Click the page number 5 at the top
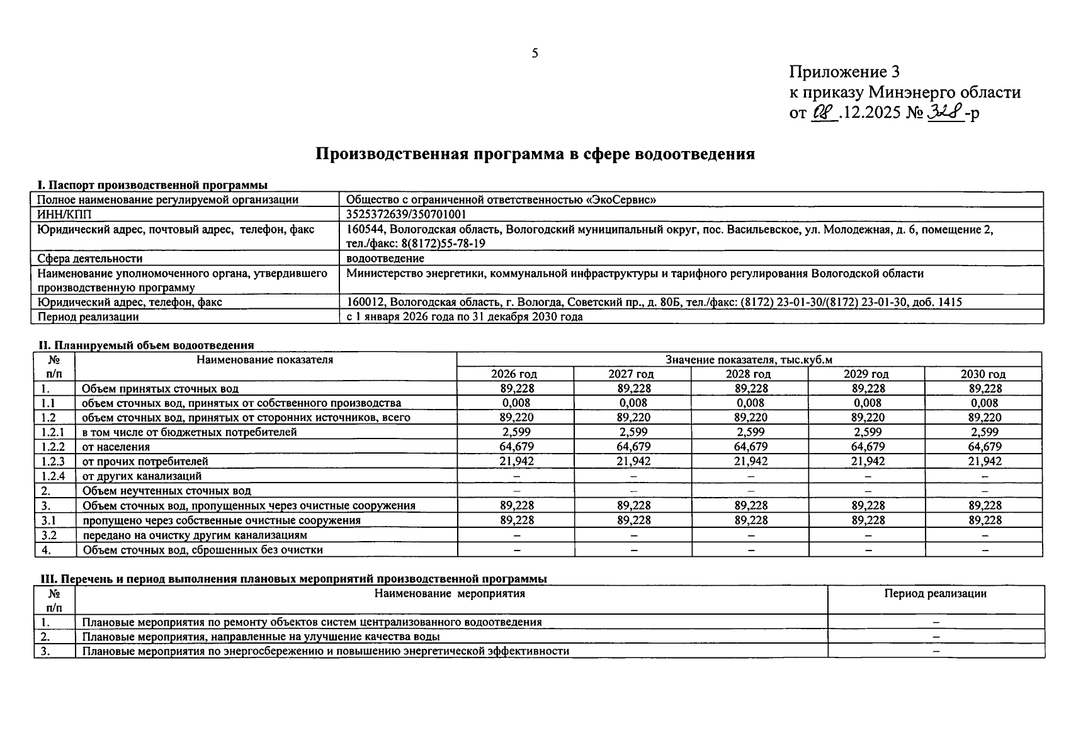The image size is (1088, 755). click(x=535, y=53)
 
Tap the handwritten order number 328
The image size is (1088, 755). click(x=946, y=113)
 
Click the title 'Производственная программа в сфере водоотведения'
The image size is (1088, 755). click(x=535, y=154)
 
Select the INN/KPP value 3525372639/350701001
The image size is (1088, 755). click(x=406, y=215)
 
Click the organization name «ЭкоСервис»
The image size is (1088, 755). click(x=621, y=199)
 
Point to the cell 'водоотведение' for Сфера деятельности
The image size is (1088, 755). click(x=385, y=258)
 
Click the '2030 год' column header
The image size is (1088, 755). click(x=983, y=374)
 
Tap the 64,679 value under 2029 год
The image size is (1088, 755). click(x=867, y=447)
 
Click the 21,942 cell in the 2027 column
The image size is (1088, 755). click(x=633, y=461)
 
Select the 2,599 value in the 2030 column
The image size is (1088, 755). click(x=984, y=432)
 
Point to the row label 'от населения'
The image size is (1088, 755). click(x=116, y=447)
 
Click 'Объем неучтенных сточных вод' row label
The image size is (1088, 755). click(x=167, y=491)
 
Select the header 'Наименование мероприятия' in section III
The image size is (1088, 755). click(x=450, y=593)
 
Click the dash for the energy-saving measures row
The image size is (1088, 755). click(x=936, y=651)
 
